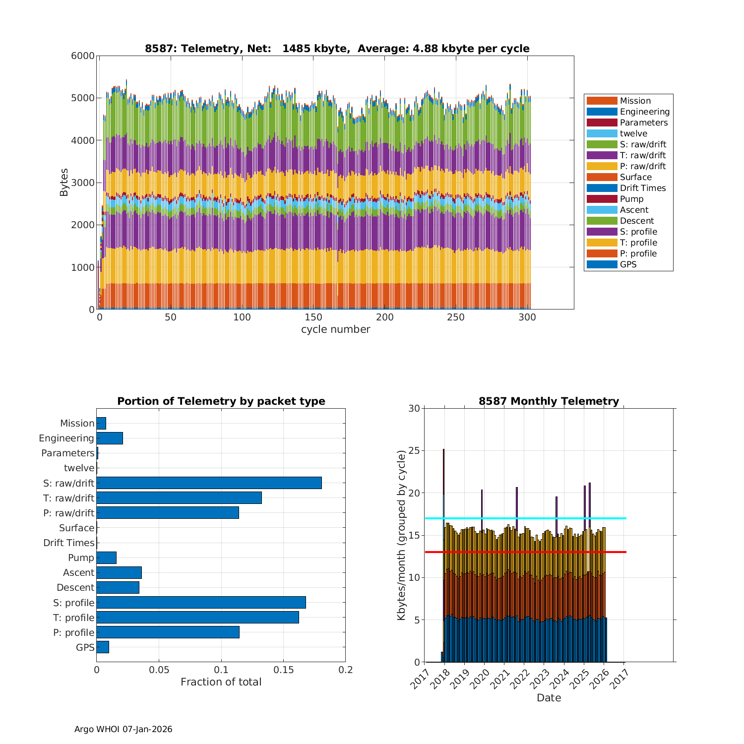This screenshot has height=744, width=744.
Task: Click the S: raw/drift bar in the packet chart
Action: coord(209,483)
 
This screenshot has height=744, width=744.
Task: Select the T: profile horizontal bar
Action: coord(197,617)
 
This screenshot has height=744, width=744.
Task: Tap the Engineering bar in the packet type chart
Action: coord(110,438)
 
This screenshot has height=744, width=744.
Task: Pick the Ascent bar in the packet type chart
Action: coord(119,572)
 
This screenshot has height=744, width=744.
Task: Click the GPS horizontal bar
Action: coord(103,647)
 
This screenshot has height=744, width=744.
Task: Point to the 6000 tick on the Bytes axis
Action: coord(83,56)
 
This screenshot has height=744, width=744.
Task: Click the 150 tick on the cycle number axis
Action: coord(313,317)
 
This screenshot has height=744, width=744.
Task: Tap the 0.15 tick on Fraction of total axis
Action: coord(283,670)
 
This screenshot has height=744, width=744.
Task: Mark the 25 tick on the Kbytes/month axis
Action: coord(414,451)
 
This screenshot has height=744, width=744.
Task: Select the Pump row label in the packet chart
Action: coord(81,558)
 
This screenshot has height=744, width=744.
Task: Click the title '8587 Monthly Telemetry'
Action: coord(549,401)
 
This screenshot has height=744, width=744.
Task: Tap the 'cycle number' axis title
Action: coord(335,329)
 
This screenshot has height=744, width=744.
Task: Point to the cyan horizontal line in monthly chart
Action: coord(526,518)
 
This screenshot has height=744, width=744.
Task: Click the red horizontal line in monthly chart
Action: coord(526,552)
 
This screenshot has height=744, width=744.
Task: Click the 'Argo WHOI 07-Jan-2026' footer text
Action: coord(124,729)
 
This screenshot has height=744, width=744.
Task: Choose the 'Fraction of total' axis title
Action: coord(221,682)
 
